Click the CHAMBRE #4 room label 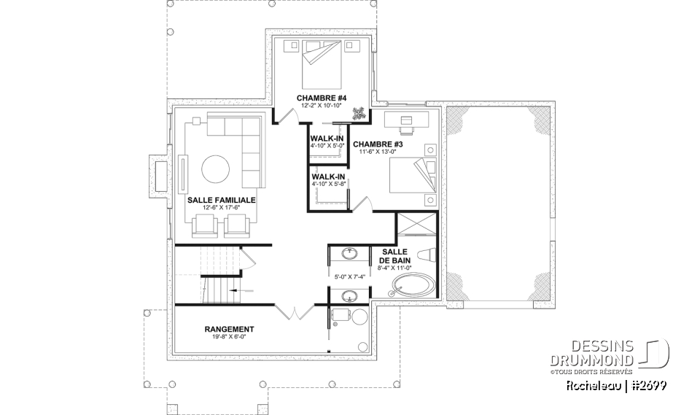click(x=321, y=98)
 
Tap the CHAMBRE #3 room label click(x=378, y=144)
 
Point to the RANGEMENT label click(x=229, y=329)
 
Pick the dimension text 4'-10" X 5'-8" click(x=327, y=184)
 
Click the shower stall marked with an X click(x=417, y=226)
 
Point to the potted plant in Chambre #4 click(x=359, y=112)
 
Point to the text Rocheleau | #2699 click(x=615, y=385)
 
